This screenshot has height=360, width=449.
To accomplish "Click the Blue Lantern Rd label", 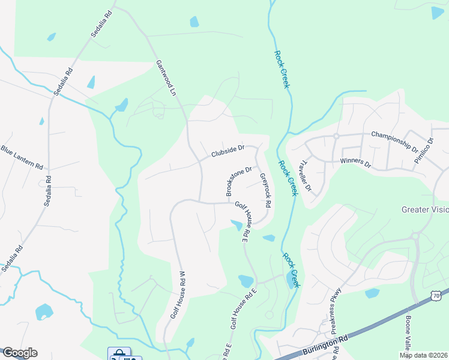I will [22, 157].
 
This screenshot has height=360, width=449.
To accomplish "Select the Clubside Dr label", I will [228, 151].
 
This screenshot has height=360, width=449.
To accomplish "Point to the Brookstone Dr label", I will [237, 181].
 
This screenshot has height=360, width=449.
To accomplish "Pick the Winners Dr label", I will [356, 162].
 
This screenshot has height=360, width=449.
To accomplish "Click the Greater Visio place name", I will [425, 209].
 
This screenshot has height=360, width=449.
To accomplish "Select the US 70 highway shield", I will [436, 296].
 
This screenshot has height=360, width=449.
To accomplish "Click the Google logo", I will [19, 353].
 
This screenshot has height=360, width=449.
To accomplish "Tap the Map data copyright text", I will [424, 355].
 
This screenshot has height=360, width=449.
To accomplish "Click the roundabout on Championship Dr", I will [336, 136].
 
